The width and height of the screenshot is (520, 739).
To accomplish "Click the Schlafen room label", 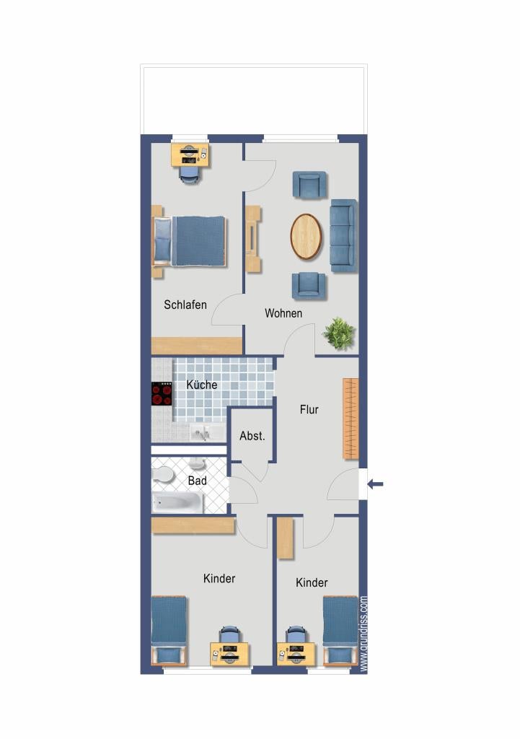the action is (185, 305).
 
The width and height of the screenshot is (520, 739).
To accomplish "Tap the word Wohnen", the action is (283, 313).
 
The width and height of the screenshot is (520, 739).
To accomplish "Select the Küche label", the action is (202, 385).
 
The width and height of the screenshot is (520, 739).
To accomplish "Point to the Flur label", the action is (309, 410).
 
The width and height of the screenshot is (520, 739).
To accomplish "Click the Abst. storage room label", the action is (252, 436).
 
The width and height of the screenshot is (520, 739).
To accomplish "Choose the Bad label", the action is (197, 481).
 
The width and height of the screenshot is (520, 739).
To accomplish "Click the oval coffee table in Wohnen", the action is (307, 237).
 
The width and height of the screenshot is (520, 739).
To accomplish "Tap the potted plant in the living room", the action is (339, 333).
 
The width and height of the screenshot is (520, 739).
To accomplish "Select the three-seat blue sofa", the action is (343, 236).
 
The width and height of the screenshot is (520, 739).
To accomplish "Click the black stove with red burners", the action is (161, 393).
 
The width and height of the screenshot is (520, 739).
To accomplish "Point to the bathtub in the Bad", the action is (178, 503).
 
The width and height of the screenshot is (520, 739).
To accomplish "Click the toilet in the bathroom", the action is (162, 473).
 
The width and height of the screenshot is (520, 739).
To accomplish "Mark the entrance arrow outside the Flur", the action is (376, 484).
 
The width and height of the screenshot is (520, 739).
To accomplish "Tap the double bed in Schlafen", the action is (190, 241).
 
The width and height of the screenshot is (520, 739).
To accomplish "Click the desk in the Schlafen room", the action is (190, 154).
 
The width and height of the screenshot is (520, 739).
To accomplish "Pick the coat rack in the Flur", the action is (351, 419).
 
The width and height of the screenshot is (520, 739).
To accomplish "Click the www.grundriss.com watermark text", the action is (363, 634).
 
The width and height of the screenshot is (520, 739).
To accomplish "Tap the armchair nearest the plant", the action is (309, 286).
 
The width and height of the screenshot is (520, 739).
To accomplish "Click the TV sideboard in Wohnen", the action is (253, 239).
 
